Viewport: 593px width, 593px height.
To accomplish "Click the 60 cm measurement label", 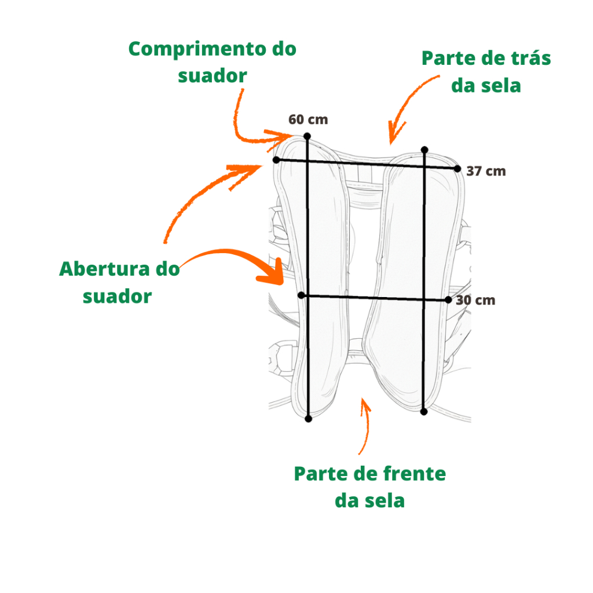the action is [x=308, y=119].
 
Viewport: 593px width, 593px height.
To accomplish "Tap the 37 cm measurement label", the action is [x=486, y=171].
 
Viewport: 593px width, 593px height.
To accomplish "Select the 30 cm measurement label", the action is [x=475, y=301].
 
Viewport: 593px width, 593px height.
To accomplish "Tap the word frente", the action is [x=415, y=474].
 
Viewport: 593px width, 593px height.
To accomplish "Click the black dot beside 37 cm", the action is [x=457, y=169].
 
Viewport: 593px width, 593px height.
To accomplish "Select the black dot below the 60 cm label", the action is [x=307, y=136].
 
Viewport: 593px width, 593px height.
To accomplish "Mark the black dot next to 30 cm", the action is [x=448, y=300].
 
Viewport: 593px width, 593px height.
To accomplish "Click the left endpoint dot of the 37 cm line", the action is [x=276, y=160].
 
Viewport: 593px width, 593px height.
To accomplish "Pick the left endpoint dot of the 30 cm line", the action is [x=301, y=295].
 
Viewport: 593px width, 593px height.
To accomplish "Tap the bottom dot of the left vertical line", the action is [x=308, y=419].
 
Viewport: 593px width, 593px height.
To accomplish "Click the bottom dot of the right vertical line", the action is [x=424, y=412].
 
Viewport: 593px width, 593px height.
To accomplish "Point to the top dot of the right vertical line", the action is [x=424, y=150].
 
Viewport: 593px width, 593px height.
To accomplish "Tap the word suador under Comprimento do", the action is [x=212, y=76].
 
